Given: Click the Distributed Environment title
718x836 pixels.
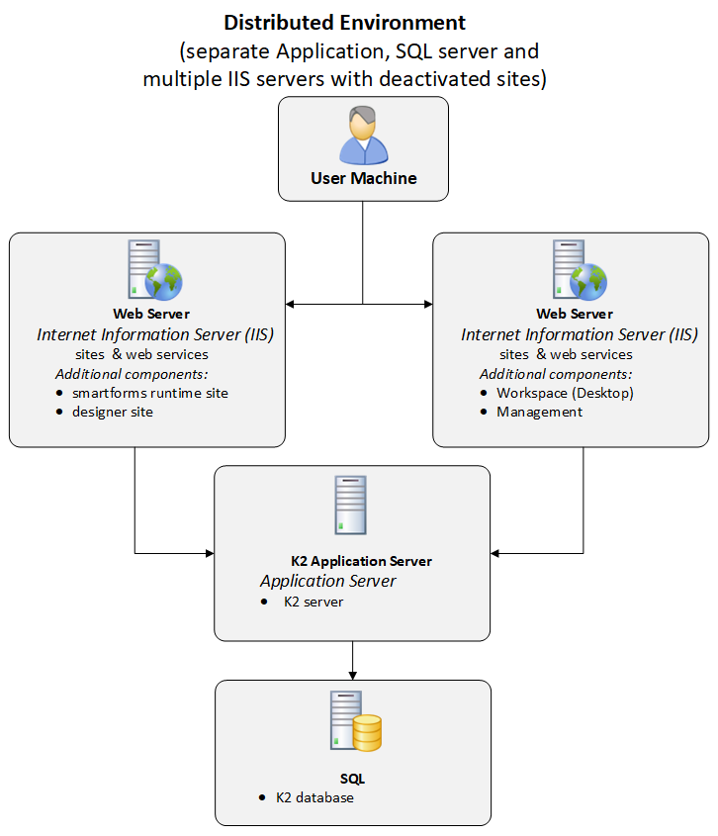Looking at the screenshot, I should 344,22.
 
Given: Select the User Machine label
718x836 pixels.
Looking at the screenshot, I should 363,179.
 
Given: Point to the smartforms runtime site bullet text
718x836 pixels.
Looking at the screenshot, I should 150,393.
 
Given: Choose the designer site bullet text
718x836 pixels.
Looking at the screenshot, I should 113,412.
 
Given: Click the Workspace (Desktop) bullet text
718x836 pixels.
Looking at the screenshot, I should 565,393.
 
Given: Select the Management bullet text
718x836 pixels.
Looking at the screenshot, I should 540,412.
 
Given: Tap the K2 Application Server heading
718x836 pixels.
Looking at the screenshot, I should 361,561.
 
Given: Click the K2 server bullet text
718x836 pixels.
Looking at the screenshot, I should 314,602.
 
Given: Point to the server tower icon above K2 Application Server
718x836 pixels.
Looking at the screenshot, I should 350,506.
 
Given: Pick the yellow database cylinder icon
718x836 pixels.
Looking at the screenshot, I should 366,733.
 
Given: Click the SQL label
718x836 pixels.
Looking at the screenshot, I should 353,779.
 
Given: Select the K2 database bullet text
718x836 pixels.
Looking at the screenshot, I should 314,797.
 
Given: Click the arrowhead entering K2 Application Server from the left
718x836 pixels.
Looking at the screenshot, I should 209,553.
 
